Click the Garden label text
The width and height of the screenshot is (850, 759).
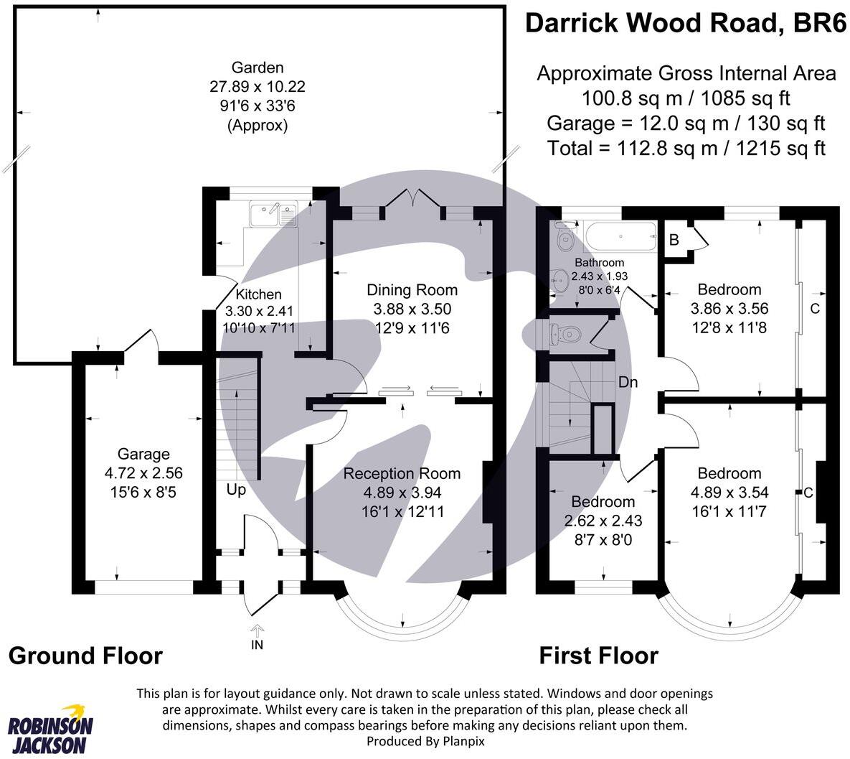point(258,68)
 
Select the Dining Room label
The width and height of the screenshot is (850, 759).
point(412,290)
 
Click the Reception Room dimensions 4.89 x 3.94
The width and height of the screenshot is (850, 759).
point(402,493)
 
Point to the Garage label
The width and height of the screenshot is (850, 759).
point(143,454)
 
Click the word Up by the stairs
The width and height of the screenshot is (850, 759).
point(236,490)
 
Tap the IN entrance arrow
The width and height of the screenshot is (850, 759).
point(257,633)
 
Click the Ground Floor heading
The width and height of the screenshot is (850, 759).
point(85,656)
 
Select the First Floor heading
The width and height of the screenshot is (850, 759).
point(598,656)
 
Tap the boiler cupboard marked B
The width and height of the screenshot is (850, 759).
point(674,240)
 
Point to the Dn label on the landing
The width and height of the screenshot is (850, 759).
point(628,382)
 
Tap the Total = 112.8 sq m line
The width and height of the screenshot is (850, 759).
point(686,149)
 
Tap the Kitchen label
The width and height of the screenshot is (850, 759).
point(258,294)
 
